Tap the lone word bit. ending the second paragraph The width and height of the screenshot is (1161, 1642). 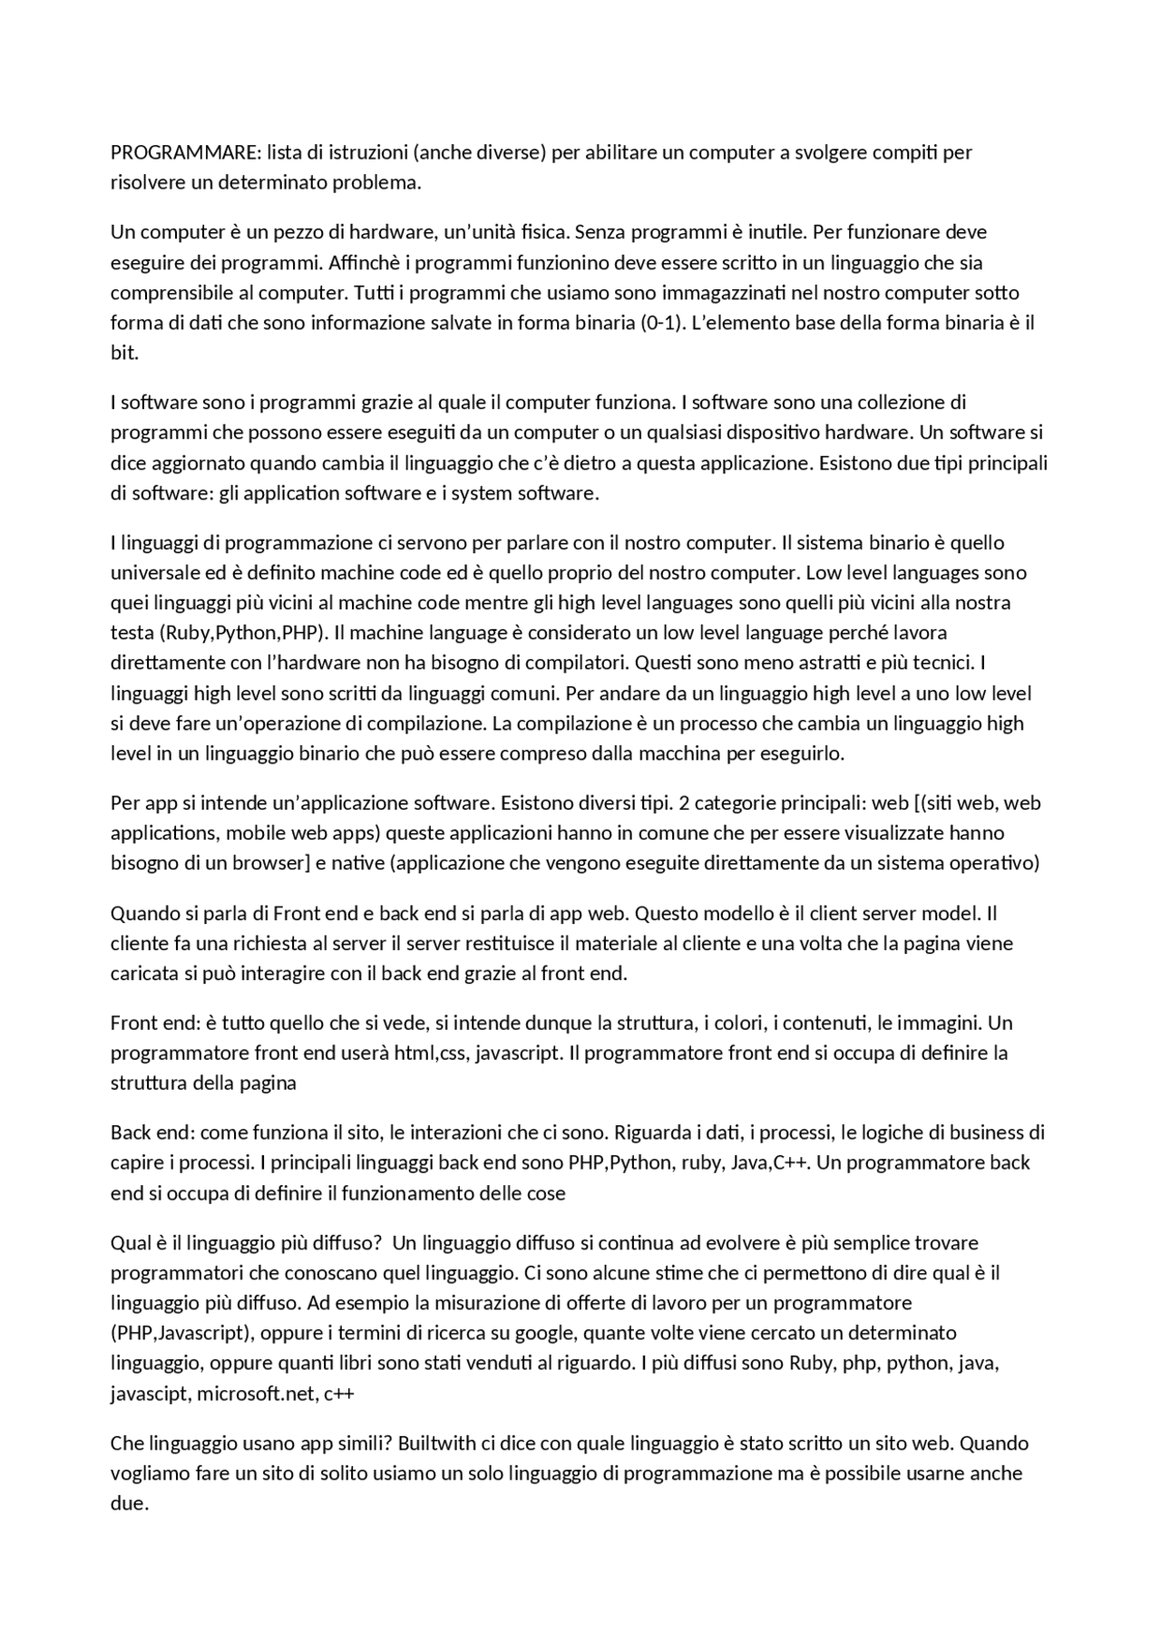coord(124,353)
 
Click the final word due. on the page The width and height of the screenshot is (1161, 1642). coord(129,1502)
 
